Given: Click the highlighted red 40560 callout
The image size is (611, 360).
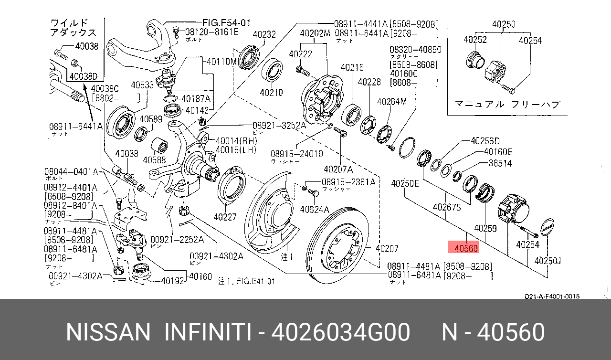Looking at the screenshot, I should tap(463, 248).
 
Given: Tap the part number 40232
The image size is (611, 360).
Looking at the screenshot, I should tap(264, 34).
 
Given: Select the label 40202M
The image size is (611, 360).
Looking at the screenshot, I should tap(315, 34).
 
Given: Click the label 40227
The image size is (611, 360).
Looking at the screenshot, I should tap(225, 217).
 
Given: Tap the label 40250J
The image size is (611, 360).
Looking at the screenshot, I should tap(548, 261).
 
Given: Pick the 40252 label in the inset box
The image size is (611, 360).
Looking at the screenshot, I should tap(475, 41).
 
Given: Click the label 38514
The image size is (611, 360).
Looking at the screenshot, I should tap(500, 163).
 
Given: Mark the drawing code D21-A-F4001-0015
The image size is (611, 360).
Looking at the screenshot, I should tap(552, 296).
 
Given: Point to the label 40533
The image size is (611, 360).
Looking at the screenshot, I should tap(142, 85).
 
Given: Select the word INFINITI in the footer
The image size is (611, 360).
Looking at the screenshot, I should tap(208, 332).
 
